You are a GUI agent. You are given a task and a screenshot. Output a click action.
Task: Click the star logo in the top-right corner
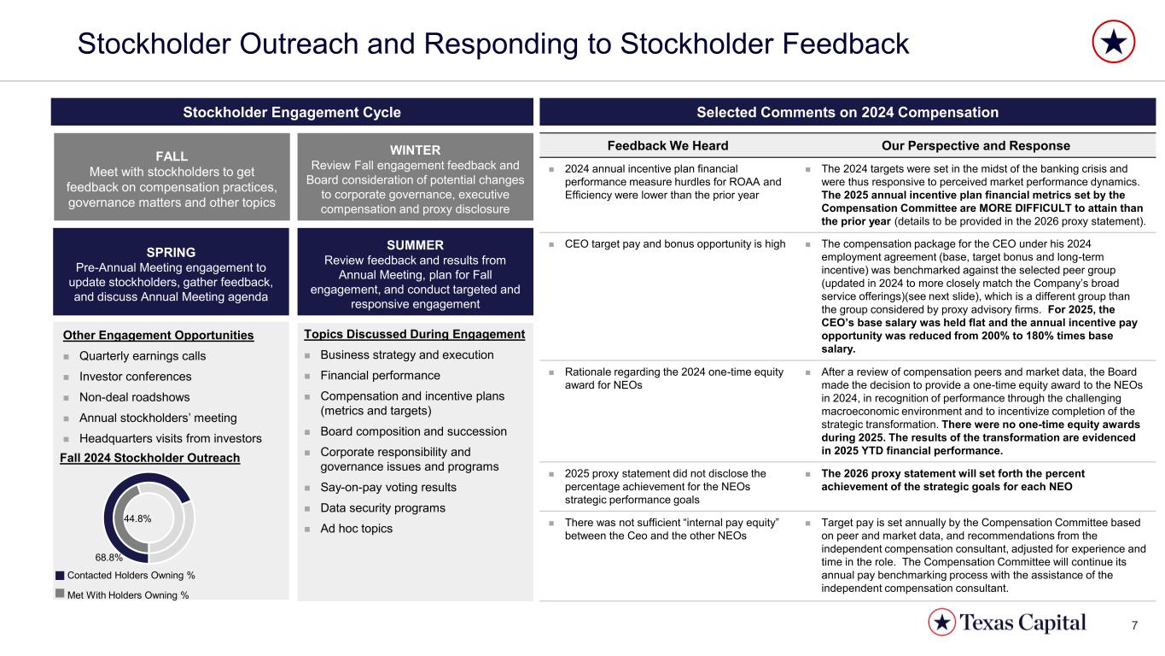[1114, 42]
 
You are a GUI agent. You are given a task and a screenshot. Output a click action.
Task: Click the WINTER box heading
[414, 149]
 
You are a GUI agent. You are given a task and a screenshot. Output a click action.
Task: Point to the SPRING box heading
[172, 252]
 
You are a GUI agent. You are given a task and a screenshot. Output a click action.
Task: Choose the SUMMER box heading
[414, 245]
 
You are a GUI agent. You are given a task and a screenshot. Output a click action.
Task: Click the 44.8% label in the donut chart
[137, 518]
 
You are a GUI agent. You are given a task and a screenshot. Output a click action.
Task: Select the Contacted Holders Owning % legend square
[60, 574]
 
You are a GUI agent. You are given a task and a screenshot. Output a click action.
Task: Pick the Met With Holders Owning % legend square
[60, 593]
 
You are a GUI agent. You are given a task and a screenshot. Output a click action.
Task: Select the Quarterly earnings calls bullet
[143, 355]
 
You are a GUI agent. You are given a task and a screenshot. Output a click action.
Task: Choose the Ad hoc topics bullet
[356, 528]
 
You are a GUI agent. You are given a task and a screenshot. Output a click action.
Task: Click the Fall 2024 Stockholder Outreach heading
[150, 458]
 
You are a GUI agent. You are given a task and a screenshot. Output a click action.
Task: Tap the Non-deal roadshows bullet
[135, 396]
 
